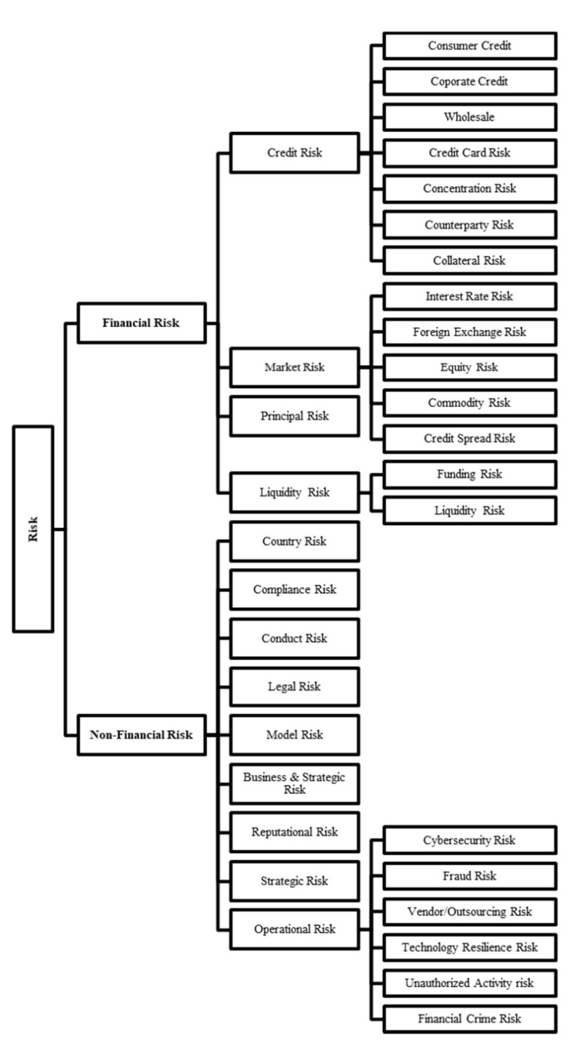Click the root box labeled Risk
33,528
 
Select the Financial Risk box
141,323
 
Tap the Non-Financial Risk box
141,735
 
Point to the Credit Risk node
295,152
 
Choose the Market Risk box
295,366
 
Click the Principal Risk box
295,416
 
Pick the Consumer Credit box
470,46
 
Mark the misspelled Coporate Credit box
470,81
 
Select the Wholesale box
470,117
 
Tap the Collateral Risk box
470,260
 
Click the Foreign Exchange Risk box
470,331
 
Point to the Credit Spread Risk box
470,438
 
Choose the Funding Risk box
470,475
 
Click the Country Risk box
295,541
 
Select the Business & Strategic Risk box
295,783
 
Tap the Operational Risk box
295,929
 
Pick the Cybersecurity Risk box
470,840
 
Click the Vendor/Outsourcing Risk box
470,912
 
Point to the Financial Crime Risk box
470,1019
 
